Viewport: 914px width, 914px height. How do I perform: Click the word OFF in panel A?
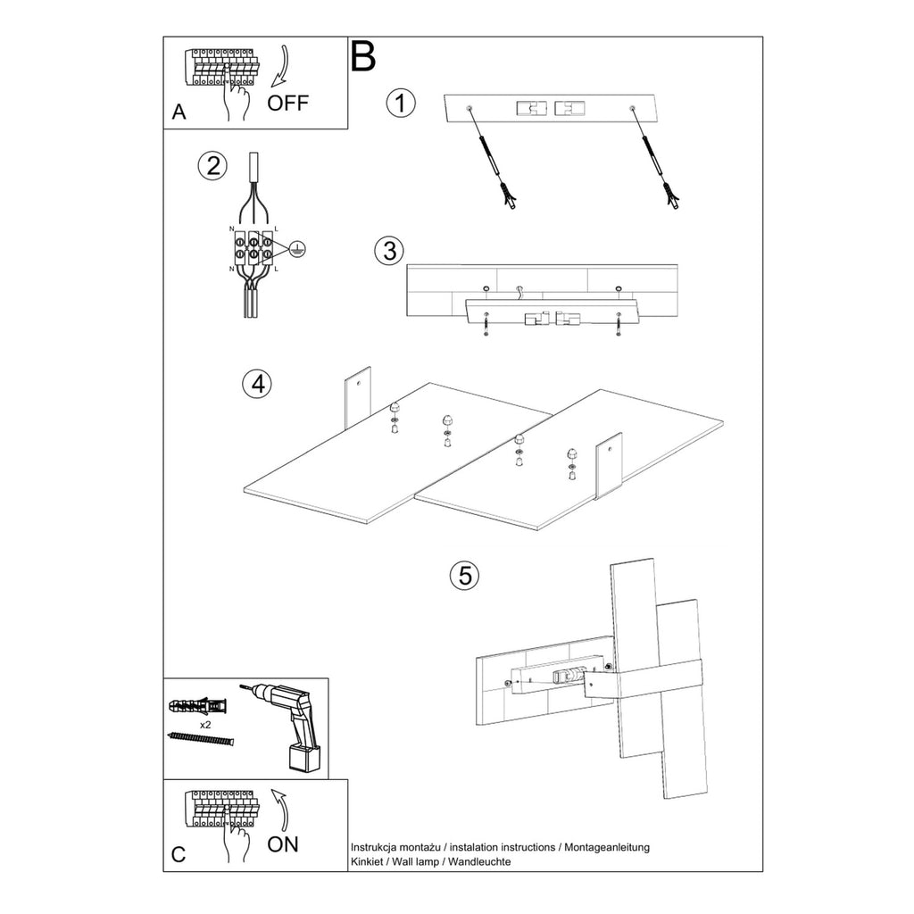pyautogui.click(x=287, y=104)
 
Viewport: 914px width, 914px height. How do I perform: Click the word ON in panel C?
pyautogui.click(x=283, y=844)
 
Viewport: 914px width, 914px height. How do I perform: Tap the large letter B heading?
pyautogui.click(x=362, y=56)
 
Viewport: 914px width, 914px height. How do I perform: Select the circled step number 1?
pyautogui.click(x=401, y=104)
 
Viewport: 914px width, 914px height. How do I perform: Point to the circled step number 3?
pyautogui.click(x=389, y=251)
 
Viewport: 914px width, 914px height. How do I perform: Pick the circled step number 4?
pyautogui.click(x=257, y=384)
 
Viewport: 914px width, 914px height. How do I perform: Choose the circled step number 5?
pyautogui.click(x=464, y=576)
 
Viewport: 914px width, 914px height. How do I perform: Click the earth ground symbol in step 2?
pyautogui.click(x=296, y=250)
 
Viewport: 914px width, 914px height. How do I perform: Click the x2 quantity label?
pyautogui.click(x=205, y=725)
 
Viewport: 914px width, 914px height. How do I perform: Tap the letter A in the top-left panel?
pyautogui.click(x=179, y=112)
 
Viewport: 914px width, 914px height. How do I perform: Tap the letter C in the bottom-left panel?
pyautogui.click(x=179, y=855)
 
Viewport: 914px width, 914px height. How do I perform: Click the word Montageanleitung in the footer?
pyautogui.click(x=607, y=847)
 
